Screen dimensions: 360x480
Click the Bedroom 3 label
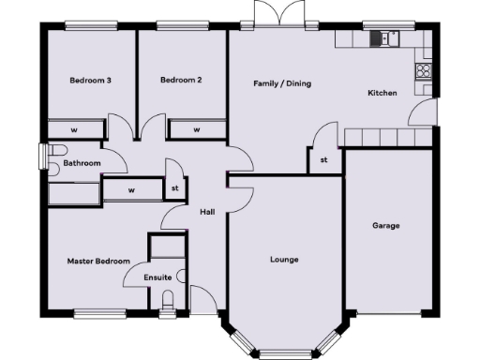91,81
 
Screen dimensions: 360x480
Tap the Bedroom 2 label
181,81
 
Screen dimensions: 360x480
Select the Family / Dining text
282,83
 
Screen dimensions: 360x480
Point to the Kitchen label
382,93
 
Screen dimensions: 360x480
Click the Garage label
386,226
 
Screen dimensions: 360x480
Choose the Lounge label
284,259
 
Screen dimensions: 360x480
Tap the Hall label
208,212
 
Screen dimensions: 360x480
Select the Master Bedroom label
97,261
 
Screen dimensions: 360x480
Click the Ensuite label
157,277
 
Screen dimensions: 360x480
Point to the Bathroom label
82,163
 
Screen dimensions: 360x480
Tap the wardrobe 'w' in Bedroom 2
197,129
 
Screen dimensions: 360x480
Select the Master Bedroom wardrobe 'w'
131,190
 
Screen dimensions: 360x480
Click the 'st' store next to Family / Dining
324,160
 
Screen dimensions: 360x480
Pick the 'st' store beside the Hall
174,187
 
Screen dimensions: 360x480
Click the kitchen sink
384,37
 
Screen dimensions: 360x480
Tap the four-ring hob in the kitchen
424,69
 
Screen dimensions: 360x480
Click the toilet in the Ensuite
168,300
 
